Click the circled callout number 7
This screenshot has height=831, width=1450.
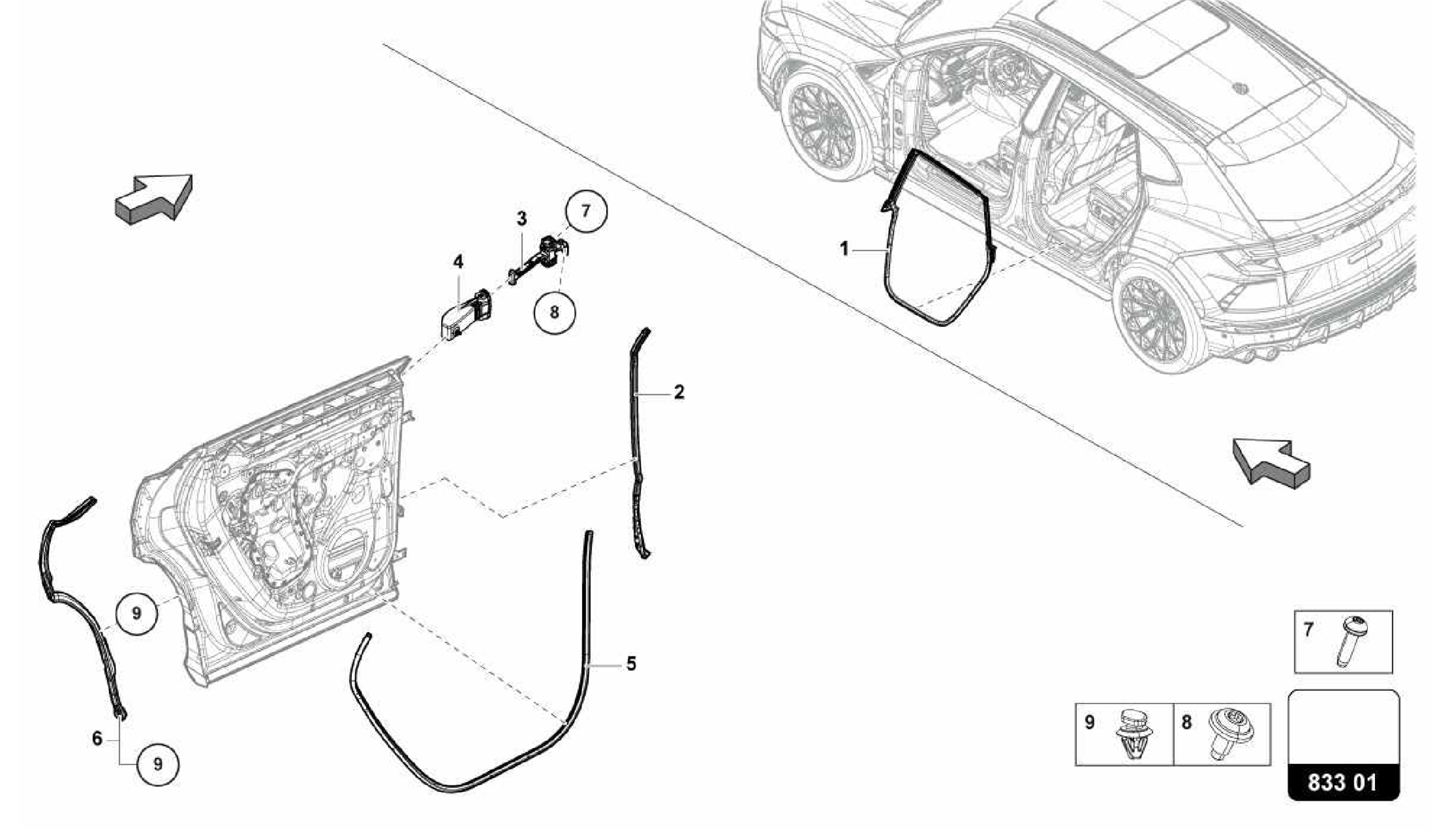[x=586, y=211]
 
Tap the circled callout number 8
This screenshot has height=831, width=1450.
[x=554, y=312]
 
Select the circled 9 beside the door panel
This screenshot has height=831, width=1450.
[x=136, y=612]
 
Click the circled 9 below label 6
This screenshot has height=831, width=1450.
[x=158, y=764]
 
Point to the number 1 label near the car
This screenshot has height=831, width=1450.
[x=844, y=249]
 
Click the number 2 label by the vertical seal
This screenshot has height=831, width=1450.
[x=679, y=391]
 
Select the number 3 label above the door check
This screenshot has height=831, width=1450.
[x=521, y=219]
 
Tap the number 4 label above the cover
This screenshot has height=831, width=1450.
[x=458, y=263]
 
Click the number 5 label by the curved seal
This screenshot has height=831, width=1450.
[x=630, y=664]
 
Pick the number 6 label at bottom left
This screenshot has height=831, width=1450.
[x=97, y=738]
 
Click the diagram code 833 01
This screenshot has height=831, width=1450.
[x=1342, y=782]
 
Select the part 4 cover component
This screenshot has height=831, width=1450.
[x=460, y=316]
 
